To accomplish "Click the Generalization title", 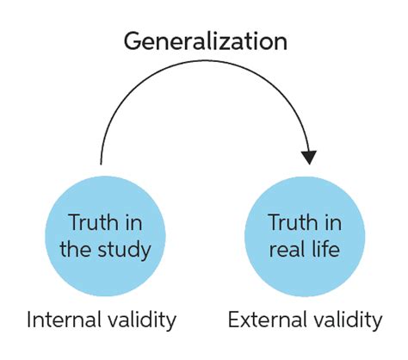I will click(205, 40).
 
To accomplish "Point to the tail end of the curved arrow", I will click(102, 162).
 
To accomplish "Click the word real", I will click(287, 251).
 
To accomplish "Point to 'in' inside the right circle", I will click(331, 223).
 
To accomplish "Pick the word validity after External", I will click(344, 321).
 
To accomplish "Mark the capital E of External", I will click(233, 321).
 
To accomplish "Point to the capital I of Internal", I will click(30, 321).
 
